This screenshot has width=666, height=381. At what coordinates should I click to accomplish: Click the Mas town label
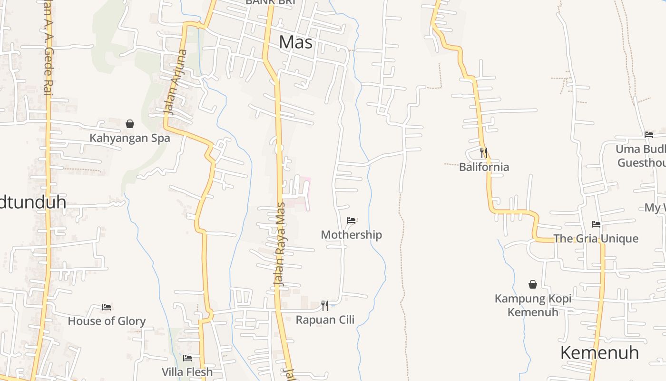(x=295, y=42)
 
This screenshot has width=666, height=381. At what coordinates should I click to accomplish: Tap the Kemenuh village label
(x=599, y=353)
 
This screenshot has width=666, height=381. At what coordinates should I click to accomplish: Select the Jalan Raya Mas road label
(x=280, y=244)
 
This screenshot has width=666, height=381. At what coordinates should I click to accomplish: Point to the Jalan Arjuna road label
(x=176, y=82)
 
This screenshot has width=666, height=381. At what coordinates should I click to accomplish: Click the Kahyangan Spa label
(x=130, y=138)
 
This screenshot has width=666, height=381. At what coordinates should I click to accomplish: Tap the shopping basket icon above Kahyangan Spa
(x=130, y=124)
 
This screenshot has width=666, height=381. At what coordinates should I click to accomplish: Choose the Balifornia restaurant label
(x=484, y=167)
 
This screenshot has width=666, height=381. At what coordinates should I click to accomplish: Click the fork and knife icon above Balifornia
(x=484, y=153)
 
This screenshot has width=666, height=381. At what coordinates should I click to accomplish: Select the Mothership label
(x=351, y=234)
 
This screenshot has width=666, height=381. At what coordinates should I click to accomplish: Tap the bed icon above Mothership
(x=351, y=220)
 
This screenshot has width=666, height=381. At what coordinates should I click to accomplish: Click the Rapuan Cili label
(x=325, y=320)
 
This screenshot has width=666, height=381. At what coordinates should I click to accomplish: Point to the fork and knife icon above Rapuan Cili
(x=325, y=305)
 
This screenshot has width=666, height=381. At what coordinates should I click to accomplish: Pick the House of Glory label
(x=107, y=321)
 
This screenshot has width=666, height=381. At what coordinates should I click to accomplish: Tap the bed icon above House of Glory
(x=107, y=307)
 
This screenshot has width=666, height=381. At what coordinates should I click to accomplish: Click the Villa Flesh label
(x=187, y=371)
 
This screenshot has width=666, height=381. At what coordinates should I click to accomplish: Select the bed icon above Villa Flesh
(x=187, y=358)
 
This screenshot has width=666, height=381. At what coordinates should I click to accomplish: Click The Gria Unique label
(x=596, y=239)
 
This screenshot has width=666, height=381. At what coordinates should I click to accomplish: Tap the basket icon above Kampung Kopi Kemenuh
(x=533, y=284)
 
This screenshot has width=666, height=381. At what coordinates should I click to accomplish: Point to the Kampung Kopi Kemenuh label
(x=533, y=305)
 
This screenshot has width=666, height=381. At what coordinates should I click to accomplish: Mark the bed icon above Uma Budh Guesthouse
(x=648, y=135)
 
